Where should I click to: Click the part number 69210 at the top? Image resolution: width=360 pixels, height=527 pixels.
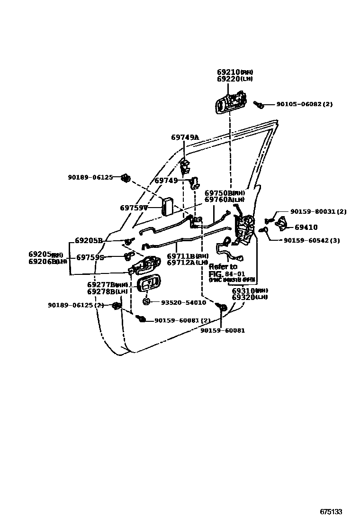[x=229, y=72]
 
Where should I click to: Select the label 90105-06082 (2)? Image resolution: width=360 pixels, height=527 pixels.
[x=304, y=104]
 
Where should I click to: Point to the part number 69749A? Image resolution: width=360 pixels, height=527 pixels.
[x=185, y=137]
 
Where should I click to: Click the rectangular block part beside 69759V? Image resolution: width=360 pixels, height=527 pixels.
[x=167, y=206]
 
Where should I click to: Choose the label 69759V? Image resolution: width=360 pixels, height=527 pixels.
[x=134, y=208]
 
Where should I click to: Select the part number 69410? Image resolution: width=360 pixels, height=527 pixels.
[x=306, y=227]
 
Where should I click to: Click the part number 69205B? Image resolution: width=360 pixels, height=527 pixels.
[x=89, y=240]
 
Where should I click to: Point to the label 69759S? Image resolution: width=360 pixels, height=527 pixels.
[x=90, y=257]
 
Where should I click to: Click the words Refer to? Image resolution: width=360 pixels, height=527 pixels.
[x=223, y=267]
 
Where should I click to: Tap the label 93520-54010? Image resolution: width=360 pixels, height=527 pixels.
[x=183, y=302]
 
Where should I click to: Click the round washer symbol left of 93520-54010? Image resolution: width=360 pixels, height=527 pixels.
[x=146, y=302]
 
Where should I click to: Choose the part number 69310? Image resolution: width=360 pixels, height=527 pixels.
[x=243, y=290]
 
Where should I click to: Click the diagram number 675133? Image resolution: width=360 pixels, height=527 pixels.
[x=331, y=512]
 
